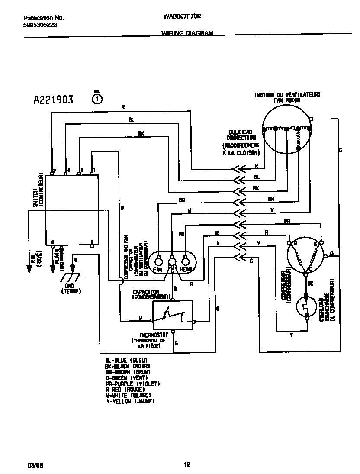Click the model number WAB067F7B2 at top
tap(182, 18)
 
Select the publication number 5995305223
tap(40, 25)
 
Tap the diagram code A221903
tap(54, 100)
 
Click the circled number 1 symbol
tap(98, 99)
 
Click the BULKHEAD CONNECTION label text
tap(241, 135)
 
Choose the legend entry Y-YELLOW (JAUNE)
tap(130, 401)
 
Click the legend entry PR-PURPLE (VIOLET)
tap(133, 384)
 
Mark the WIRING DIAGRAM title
tap(187, 33)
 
